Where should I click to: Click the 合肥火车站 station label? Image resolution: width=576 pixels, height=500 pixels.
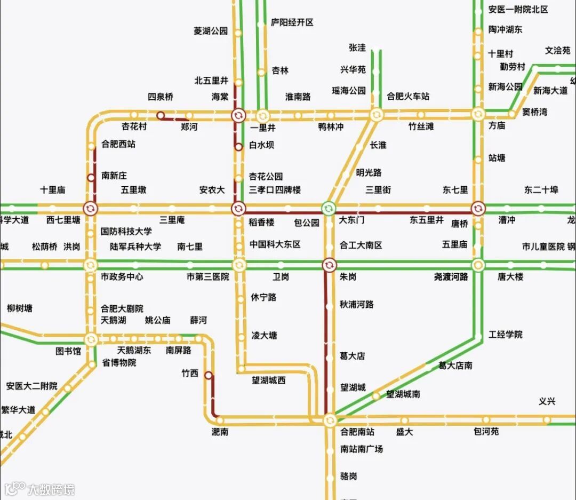(x=408, y=97)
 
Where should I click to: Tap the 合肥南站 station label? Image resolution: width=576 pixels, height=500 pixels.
(x=357, y=432)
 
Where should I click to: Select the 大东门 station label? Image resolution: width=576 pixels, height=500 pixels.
(x=352, y=220)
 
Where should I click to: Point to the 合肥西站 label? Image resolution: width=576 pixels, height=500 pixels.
(x=118, y=144)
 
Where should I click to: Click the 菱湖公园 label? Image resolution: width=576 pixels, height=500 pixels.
(x=211, y=31)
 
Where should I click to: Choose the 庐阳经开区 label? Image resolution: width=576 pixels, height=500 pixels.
(x=292, y=22)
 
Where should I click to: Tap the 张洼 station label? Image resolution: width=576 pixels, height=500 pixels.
(x=357, y=47)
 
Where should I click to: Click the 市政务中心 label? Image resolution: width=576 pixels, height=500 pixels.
(x=122, y=277)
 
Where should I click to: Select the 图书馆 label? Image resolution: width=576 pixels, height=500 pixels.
(x=68, y=351)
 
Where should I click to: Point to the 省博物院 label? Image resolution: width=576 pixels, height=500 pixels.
(x=119, y=363)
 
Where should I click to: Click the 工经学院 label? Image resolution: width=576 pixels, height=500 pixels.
(x=506, y=335)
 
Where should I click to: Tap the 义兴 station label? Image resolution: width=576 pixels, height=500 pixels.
(x=547, y=402)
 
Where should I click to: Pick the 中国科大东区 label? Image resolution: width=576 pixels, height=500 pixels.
(x=275, y=244)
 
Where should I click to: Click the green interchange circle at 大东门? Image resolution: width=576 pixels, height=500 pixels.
(x=329, y=207)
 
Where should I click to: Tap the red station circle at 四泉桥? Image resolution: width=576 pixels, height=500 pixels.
(x=160, y=115)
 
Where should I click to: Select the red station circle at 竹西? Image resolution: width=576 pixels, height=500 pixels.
(x=209, y=375)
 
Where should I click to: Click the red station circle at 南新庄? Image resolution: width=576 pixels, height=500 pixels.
(x=91, y=178)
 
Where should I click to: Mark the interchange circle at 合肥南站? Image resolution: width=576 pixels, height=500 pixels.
(x=330, y=420)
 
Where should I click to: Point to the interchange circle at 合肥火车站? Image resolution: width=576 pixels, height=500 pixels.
(x=376, y=114)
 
